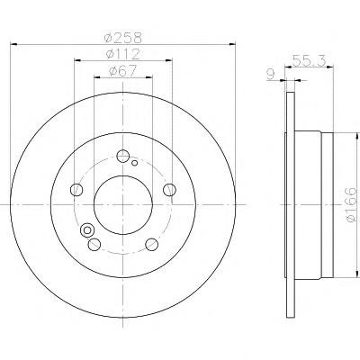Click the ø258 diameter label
[122, 38]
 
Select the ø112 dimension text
[123, 54]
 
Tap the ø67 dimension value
[123, 71]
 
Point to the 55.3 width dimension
[309, 61]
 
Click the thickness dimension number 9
[271, 75]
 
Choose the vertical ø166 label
[351, 205]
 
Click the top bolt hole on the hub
[122, 156]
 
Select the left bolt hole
[76, 190]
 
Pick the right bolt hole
[169, 190]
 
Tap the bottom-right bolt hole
[151, 244]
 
